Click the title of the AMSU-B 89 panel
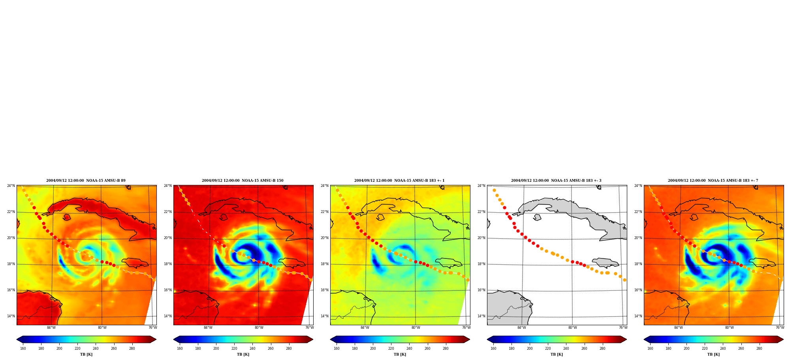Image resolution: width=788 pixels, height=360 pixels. (86, 181)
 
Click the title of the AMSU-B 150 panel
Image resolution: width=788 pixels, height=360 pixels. (243, 181)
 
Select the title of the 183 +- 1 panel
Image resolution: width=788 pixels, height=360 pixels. (399, 181)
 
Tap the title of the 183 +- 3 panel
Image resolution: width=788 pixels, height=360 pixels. (556, 181)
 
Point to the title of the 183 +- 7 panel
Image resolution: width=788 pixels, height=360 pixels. (713, 181)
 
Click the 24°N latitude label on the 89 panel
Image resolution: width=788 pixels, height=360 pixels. (11, 186)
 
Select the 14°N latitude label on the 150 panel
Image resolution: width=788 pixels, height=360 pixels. (167, 316)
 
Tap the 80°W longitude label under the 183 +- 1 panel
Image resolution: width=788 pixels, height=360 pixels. (416, 328)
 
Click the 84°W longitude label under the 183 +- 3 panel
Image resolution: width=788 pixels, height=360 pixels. (521, 328)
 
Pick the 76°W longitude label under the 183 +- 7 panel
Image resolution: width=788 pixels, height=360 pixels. (780, 328)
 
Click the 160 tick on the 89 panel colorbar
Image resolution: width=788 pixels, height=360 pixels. (23, 349)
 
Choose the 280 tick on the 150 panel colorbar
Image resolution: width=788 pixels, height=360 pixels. (289, 349)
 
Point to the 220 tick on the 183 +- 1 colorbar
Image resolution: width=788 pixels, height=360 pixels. (391, 349)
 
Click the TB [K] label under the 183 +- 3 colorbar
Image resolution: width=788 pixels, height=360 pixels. (557, 354)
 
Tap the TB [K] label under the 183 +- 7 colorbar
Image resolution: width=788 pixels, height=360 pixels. (713, 354)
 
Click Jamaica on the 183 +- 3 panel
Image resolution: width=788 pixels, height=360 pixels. (606, 263)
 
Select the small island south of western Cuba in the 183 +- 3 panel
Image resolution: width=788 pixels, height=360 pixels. (537, 217)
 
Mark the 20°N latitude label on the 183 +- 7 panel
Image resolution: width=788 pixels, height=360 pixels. (638, 238)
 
